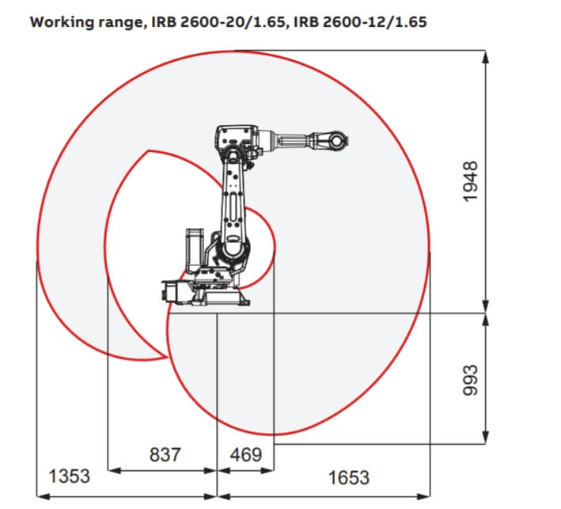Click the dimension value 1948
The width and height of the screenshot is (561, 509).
click(470, 182)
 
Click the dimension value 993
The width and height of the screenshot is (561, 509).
click(470, 380)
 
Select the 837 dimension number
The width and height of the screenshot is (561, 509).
click(165, 454)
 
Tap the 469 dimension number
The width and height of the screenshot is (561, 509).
click(246, 454)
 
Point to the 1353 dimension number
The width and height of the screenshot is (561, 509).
click(69, 477)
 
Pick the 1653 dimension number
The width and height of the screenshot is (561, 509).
click(349, 478)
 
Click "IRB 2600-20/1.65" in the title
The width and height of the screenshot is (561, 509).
click(218, 22)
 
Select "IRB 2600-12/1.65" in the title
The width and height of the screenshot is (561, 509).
click(360, 22)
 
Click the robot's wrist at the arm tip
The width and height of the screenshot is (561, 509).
click(335, 141)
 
